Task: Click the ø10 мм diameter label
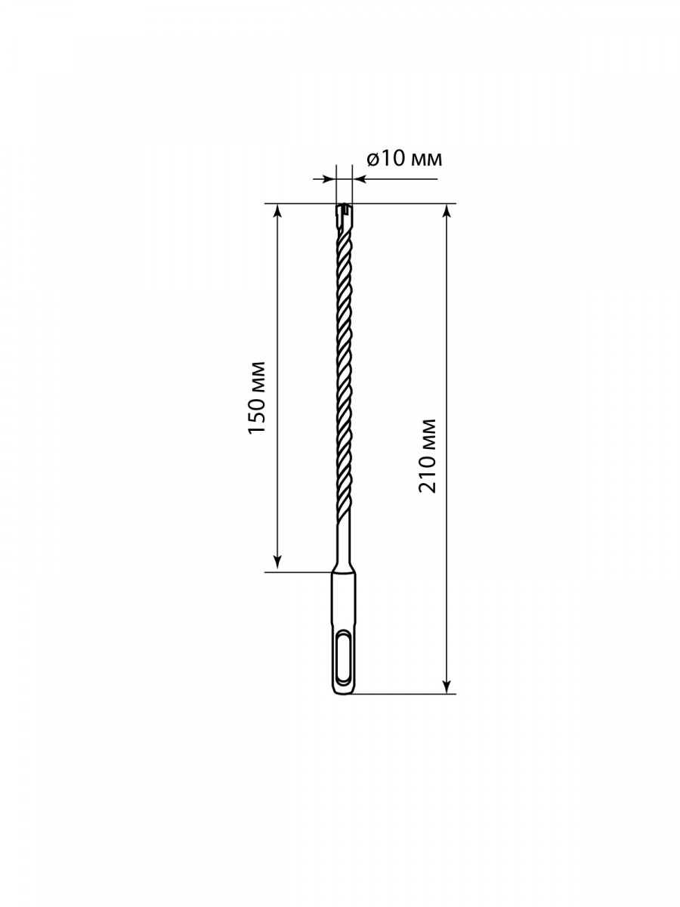(403, 158)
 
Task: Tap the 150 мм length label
(256, 397)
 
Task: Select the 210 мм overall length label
(428, 456)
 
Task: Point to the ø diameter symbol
(372, 159)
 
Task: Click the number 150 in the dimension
(256, 413)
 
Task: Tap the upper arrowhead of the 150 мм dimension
(277, 211)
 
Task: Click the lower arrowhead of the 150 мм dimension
(277, 565)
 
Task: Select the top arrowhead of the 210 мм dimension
(447, 211)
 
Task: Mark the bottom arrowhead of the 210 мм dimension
(447, 686)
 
